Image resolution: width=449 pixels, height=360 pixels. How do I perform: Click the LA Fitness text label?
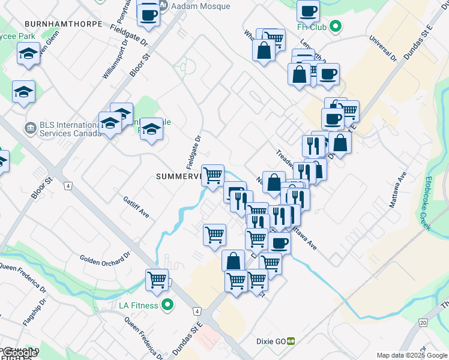coord(138,305)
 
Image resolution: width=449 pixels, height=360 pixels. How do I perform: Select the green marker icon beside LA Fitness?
coord(168,305)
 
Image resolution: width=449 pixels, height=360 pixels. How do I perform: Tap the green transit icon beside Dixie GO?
coord(291,340)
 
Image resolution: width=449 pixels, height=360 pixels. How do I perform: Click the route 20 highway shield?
coord(423,323)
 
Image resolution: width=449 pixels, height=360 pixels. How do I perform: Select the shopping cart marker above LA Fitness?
coord(157,279)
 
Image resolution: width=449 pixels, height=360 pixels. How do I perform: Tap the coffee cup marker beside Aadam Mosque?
coord(148,14)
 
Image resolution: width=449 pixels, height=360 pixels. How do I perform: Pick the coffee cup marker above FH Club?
coord(308,10)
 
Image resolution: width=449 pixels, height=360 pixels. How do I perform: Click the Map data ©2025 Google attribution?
coord(412,355)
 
